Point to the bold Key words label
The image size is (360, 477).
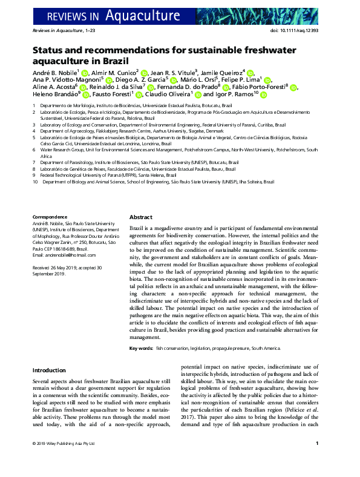pos(140,349)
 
